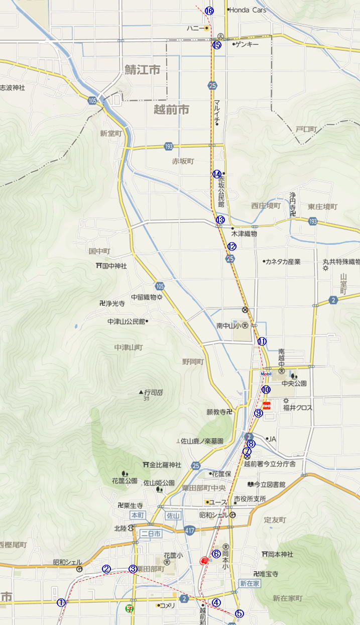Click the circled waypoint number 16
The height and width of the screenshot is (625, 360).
point(209,11)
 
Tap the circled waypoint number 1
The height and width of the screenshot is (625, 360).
point(61,602)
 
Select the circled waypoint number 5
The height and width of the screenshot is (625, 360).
point(239,613)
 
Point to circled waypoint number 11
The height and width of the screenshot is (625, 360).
point(262,341)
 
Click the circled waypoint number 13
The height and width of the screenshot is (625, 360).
point(219,220)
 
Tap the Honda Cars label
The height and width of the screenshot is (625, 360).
point(248,10)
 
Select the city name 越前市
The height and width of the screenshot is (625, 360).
point(171,109)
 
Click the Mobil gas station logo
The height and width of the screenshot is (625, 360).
point(266,374)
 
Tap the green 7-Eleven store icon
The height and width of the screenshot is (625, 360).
point(130,608)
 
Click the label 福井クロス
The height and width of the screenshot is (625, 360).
point(297,408)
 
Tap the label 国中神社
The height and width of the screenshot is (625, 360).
point(114,266)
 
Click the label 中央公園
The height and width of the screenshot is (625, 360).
point(294,383)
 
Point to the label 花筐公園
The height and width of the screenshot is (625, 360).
point(125,481)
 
